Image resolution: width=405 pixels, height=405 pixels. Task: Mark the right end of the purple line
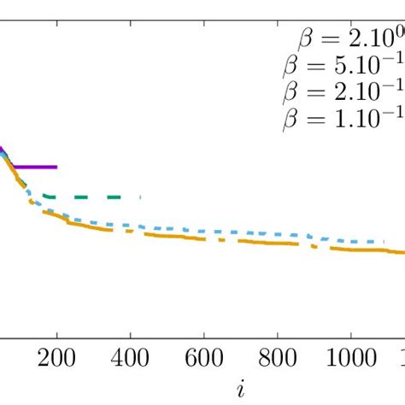click(56, 167)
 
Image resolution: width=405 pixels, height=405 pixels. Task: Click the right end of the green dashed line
click(139, 197)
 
